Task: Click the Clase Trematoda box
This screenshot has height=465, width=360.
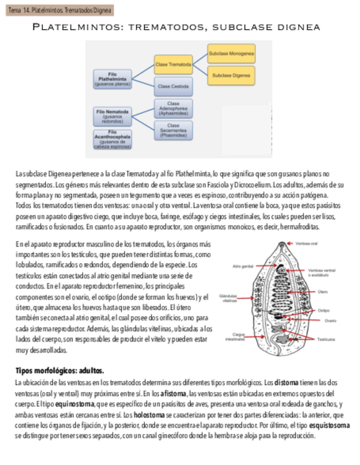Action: [173, 65]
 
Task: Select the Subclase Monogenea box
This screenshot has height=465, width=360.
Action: [231, 54]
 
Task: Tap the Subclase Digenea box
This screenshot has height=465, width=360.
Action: [231, 75]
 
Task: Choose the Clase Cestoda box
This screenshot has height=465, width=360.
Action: [173, 86]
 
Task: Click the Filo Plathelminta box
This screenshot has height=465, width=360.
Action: [113, 79]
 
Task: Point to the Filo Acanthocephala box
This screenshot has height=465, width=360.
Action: [113, 139]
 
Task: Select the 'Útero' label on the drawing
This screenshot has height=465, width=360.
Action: [323, 292]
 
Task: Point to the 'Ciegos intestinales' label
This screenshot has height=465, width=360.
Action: [238, 337]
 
